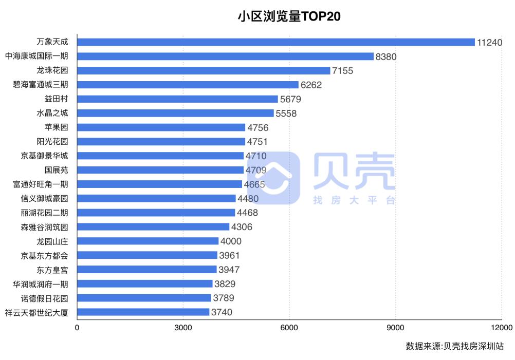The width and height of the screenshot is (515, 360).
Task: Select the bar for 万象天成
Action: (x=276, y=42)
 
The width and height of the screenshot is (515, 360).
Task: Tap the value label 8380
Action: (x=386, y=56)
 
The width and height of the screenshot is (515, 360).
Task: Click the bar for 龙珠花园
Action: (x=204, y=71)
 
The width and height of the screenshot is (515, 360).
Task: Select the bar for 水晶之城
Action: (x=175, y=113)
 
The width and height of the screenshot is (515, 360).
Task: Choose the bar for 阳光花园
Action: (x=161, y=142)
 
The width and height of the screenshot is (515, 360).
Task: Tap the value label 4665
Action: (x=254, y=184)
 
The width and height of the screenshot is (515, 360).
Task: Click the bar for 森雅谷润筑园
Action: (x=153, y=226)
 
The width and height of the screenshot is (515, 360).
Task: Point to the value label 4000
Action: (x=231, y=241)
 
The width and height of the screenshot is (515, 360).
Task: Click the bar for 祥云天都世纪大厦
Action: (x=143, y=312)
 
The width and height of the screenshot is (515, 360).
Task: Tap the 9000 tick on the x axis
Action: (x=395, y=327)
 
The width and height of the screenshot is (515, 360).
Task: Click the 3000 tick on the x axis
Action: (x=183, y=327)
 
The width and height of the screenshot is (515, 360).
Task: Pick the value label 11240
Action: (x=489, y=43)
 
